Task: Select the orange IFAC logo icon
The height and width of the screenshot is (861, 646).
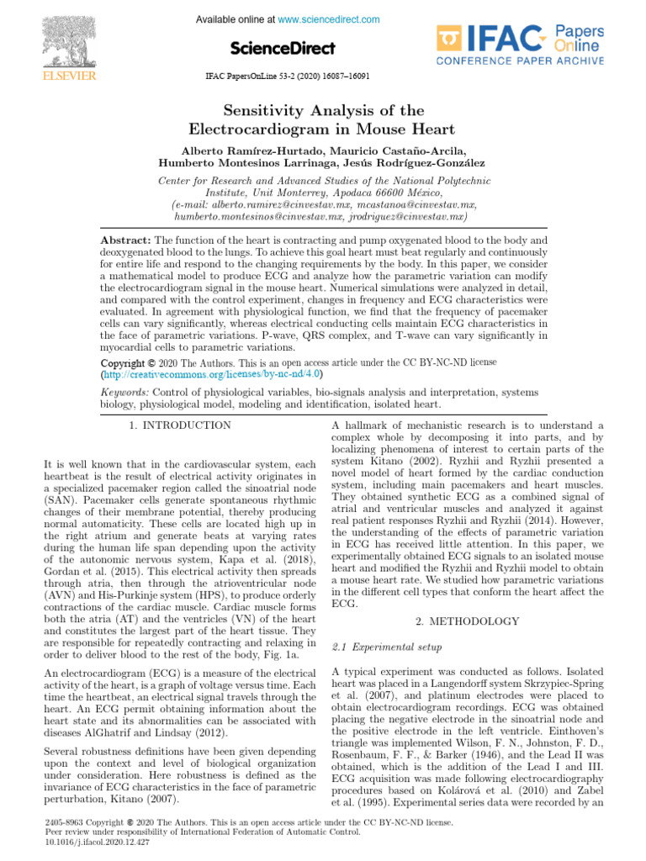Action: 450,39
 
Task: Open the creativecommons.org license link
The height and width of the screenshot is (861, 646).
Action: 213,373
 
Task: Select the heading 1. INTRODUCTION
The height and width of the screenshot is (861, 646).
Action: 180,425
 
